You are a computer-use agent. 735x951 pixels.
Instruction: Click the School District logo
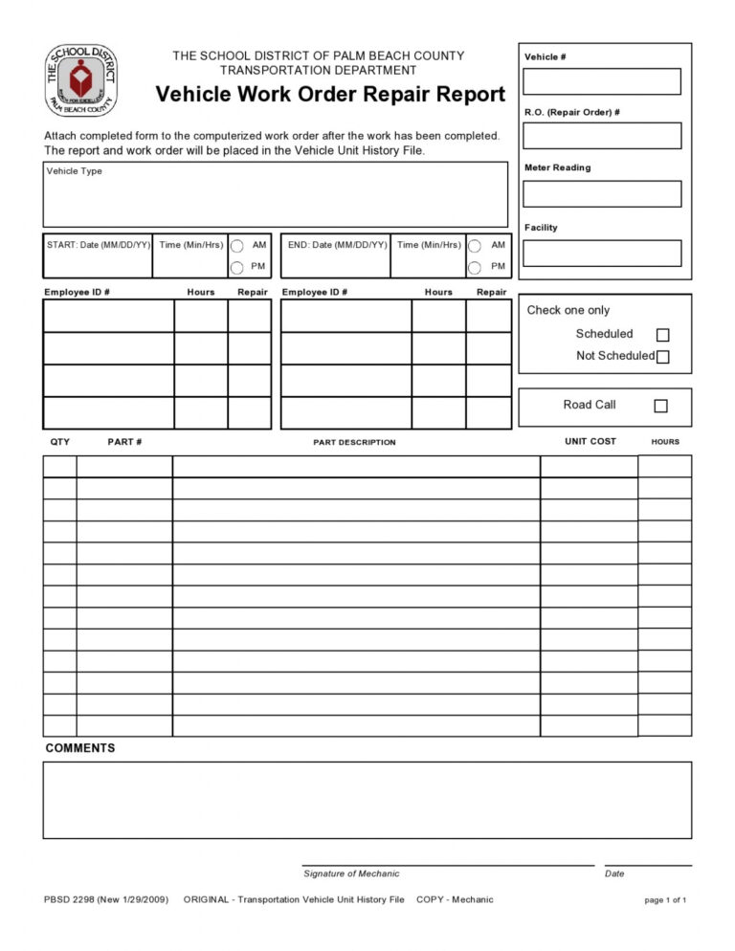coord(82,79)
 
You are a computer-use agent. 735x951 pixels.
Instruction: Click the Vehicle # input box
coord(602,81)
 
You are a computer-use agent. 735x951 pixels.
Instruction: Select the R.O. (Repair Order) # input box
coord(602,136)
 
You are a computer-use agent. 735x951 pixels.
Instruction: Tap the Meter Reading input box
coord(602,194)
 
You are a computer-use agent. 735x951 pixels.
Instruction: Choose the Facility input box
coord(602,254)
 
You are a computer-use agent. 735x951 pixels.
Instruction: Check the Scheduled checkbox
coord(662,335)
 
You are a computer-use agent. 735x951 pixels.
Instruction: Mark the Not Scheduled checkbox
coord(662,357)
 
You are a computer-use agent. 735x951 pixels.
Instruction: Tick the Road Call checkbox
coord(660,406)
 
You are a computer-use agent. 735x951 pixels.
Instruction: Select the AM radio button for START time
coord(237,245)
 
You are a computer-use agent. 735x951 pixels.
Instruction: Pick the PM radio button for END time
coord(475,267)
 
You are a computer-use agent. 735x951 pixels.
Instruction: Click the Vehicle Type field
coord(275,194)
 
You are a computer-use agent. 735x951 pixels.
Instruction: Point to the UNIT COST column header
coord(590,441)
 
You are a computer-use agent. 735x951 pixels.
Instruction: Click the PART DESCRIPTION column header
coord(354,442)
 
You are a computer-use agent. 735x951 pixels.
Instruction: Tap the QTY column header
coord(59,441)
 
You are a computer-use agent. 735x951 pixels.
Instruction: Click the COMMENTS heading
coord(80,748)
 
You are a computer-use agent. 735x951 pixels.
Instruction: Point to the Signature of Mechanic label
coord(351,874)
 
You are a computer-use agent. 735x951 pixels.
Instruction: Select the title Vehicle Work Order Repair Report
coord(330,95)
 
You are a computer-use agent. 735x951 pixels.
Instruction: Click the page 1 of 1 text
coord(665,900)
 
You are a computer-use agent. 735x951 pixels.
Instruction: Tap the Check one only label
coord(568,310)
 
